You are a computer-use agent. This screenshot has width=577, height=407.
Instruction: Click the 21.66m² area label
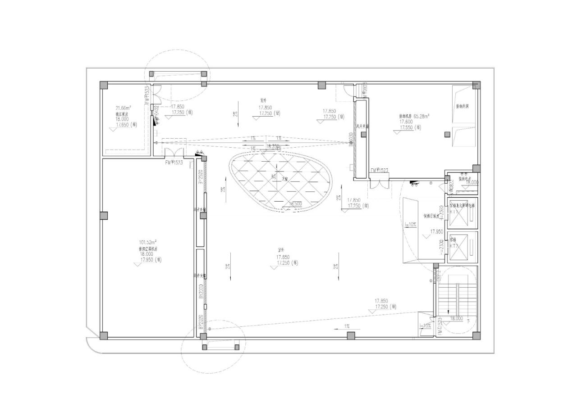124,108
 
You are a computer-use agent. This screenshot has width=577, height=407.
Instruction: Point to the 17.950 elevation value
437,231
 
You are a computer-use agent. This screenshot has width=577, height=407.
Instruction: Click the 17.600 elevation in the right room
406,122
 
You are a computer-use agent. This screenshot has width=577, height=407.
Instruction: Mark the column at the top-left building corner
104,85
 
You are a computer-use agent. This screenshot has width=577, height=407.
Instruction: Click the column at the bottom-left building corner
104,335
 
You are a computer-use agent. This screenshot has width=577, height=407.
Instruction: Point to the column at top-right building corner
476,85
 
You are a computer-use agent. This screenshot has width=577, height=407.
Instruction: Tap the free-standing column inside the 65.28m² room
447,134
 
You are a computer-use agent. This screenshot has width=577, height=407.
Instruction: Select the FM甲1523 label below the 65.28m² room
379,171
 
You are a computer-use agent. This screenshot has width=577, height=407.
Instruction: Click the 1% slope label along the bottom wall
347,326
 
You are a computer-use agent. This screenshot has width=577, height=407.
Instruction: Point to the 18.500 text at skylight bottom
295,204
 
